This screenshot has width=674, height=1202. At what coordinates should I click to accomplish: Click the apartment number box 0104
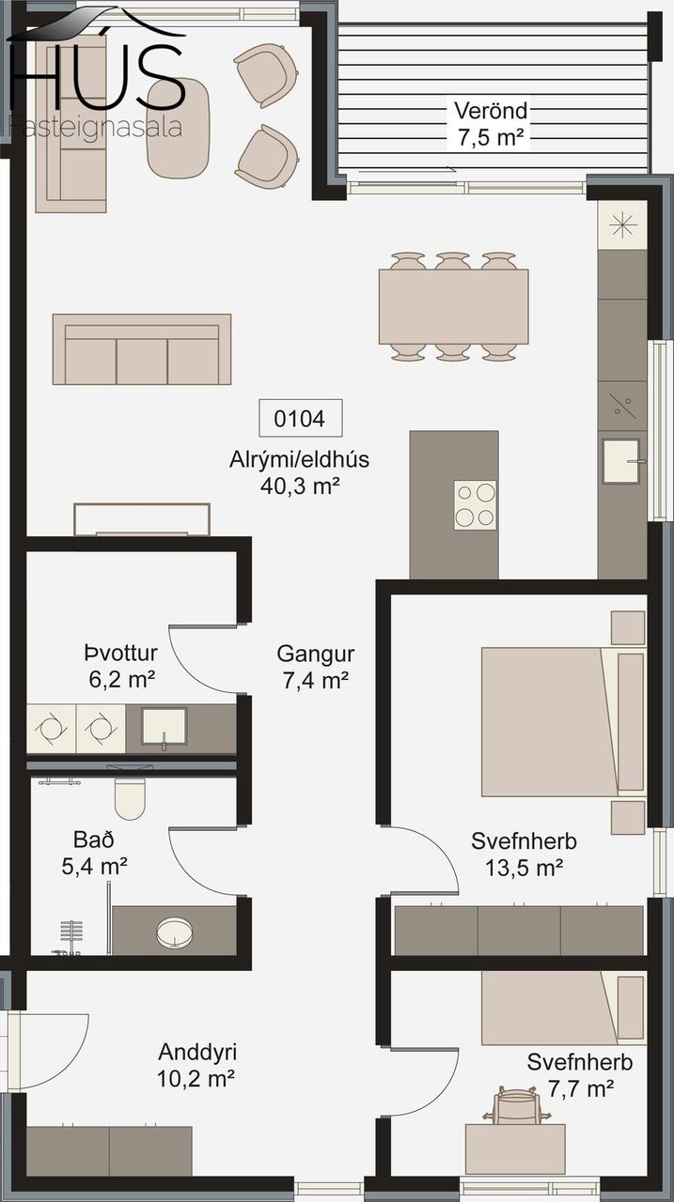(x=300, y=418)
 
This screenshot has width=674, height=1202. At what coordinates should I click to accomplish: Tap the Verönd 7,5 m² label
(x=491, y=124)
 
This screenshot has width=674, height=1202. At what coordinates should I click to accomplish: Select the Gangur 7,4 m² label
(x=316, y=667)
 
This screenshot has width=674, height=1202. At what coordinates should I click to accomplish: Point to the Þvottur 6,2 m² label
(x=121, y=666)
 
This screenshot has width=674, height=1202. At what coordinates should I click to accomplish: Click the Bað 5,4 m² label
(x=94, y=853)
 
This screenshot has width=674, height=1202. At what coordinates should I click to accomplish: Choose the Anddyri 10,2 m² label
(x=196, y=1065)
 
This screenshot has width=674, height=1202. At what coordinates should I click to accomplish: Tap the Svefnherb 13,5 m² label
(x=524, y=854)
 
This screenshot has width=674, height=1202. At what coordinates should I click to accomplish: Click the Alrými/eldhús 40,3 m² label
(x=300, y=472)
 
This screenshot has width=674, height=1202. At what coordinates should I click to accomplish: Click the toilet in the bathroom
(x=130, y=798)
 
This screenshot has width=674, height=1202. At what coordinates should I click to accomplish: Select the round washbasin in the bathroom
(x=175, y=931)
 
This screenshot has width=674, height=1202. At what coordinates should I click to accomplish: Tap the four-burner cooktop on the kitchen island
(x=475, y=505)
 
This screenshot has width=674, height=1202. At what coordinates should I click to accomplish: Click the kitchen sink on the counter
(x=623, y=461)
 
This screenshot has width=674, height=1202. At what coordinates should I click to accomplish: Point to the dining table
(x=453, y=306)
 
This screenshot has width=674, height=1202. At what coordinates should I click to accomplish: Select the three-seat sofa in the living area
(x=142, y=349)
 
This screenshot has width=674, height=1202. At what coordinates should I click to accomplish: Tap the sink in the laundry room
(x=165, y=726)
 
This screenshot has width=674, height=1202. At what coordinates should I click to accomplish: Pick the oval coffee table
(x=178, y=128)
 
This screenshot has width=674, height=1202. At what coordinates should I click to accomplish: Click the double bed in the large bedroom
(x=563, y=722)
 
